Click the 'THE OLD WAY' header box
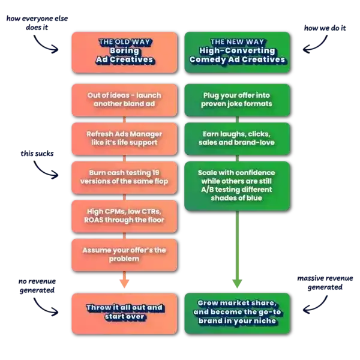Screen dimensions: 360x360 click(124, 52)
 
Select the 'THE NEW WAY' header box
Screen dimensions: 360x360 click(237, 52)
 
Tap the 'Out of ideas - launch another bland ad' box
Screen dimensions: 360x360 click(124, 100)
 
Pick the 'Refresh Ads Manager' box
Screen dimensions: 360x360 click(124, 139)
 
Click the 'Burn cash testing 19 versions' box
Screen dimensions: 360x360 click(124, 178)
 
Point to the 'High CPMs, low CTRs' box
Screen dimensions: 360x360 click(124, 216)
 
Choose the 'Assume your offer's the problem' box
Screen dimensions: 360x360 click(124, 255)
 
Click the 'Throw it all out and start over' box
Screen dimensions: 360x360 click(124, 313)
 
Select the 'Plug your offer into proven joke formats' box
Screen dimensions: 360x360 click(237, 100)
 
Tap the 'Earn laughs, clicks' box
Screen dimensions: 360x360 click(237, 139)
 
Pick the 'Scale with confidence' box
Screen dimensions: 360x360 click(237, 186)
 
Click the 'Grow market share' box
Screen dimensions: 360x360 click(237, 313)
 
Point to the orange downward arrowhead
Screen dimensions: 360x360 click(124, 284)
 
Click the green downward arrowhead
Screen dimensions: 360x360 click(237, 284)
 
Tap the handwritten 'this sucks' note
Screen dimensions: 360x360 click(37, 154)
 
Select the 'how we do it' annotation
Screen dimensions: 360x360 click(325, 28)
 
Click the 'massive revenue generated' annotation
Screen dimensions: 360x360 click(325, 283)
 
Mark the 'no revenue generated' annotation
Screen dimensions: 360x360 click(37, 286)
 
